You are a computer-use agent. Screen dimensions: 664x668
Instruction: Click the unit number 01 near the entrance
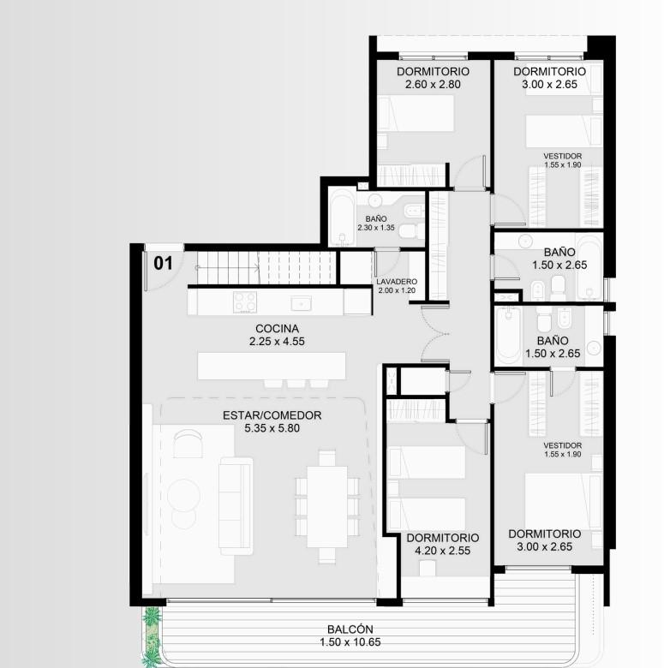(x=163, y=263)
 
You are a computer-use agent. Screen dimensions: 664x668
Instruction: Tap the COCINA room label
(x=277, y=329)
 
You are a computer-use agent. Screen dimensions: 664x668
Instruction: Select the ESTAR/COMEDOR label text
(x=272, y=415)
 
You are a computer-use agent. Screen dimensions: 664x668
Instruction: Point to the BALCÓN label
(x=350, y=629)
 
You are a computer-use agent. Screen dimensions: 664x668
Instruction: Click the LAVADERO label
(x=397, y=282)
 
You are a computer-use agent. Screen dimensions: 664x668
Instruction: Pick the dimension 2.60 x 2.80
(x=433, y=84)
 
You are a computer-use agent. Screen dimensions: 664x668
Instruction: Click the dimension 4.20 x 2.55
(x=442, y=551)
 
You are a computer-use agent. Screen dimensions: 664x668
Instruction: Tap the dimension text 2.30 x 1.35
(x=376, y=228)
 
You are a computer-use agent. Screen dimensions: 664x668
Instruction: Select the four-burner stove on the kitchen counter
(x=245, y=302)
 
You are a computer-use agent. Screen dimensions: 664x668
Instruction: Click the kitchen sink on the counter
(x=302, y=304)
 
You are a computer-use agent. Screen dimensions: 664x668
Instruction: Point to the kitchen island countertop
(x=272, y=366)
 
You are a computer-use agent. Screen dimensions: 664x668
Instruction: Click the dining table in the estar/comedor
(x=327, y=507)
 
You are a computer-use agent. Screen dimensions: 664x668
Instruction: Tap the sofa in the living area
(x=236, y=506)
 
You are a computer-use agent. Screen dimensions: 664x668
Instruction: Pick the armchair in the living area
(x=188, y=443)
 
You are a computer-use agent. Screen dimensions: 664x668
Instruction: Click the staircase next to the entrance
(x=266, y=267)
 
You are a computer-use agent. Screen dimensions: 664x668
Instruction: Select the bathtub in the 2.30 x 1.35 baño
(x=342, y=218)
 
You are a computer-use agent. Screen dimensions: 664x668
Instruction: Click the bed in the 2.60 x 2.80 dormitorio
(x=416, y=113)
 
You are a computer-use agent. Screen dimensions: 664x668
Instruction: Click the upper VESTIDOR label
(x=563, y=156)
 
